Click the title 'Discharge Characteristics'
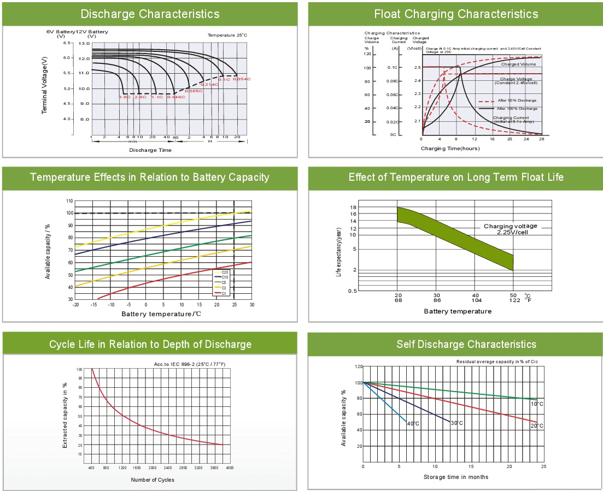[x=150, y=14]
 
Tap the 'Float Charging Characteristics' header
[x=455, y=14]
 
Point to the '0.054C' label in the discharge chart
[x=241, y=79]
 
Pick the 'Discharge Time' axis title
[x=150, y=150]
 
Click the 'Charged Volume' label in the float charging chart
[x=518, y=64]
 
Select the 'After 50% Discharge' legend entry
[x=517, y=100]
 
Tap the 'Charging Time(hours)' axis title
[x=450, y=149]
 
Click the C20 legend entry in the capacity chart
[x=225, y=272]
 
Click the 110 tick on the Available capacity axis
[x=69, y=201]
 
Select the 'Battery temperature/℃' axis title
[x=161, y=314]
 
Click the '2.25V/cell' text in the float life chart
[x=512, y=232]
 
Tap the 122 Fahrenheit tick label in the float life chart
[x=513, y=300]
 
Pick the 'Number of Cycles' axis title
[x=153, y=480]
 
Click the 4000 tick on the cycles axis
[x=230, y=468]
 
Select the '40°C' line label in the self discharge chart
[x=413, y=424]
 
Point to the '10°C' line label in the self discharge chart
[x=536, y=404]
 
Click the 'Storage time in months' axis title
[x=456, y=477]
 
